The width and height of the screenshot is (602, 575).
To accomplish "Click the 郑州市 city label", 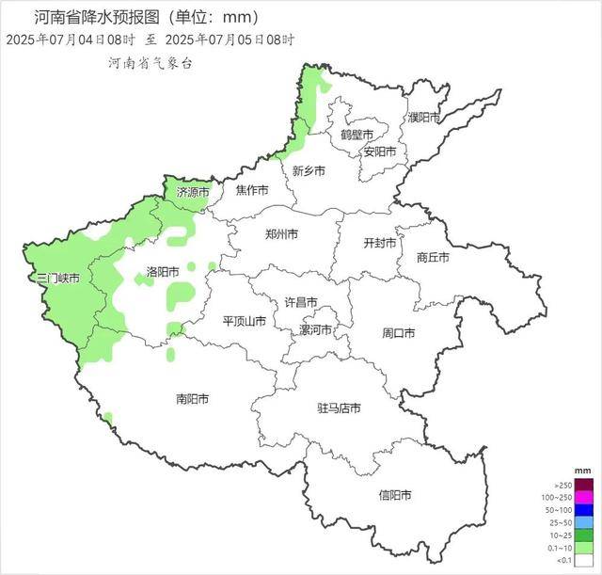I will tap(282, 234).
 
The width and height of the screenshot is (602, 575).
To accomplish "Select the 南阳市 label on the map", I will tap(193, 399).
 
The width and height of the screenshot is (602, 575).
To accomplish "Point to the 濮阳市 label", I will tap(424, 118).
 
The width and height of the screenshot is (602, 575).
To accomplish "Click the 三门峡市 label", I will tap(56, 279).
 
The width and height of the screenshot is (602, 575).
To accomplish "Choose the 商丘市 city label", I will tap(433, 257).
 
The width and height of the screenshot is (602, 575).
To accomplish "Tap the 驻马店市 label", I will tap(339, 408).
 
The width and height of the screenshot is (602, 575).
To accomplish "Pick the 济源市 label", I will tap(193, 192).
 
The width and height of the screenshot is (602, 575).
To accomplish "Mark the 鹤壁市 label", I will tap(357, 135).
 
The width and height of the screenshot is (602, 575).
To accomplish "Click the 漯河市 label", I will tap(316, 330).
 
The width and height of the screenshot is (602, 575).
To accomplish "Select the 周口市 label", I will tap(399, 333).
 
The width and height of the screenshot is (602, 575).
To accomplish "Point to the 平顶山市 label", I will tap(245, 321).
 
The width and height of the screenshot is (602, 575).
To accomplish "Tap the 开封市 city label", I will tap(381, 242).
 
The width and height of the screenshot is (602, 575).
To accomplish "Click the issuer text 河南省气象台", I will tap(150, 62).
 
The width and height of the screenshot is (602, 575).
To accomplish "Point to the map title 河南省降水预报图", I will tap(94, 17).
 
